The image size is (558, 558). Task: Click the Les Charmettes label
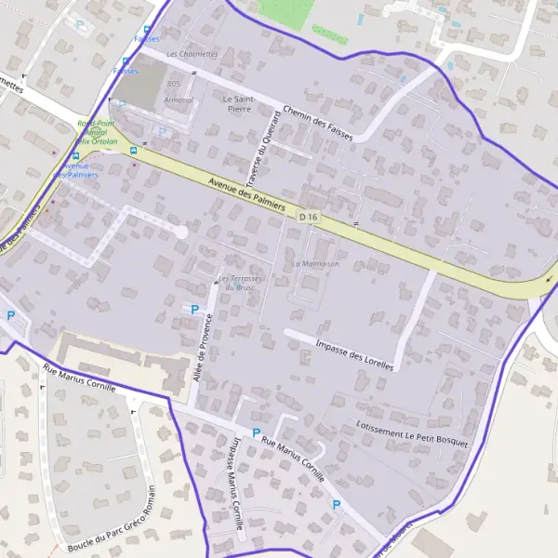point(192,54)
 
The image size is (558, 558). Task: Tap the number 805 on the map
point(173,84)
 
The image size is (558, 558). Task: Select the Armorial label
point(179,100)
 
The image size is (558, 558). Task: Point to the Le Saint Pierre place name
point(239,102)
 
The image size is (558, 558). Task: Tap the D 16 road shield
point(309,217)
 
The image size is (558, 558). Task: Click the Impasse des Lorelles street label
point(354,354)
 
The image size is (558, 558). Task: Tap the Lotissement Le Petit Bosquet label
point(411,432)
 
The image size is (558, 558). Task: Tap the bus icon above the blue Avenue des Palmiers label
point(76,155)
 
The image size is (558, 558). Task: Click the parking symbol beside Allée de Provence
point(194,309)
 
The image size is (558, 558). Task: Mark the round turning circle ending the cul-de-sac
point(181,231)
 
